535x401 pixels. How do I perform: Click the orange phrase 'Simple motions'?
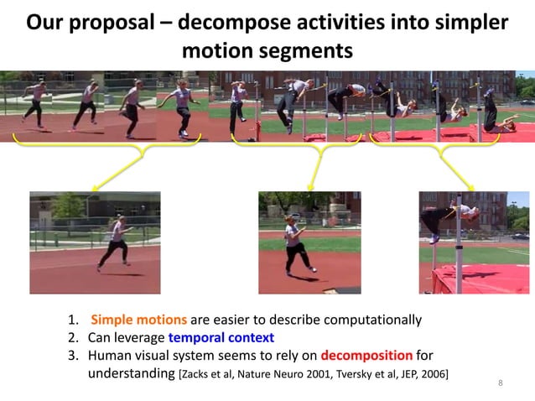138,320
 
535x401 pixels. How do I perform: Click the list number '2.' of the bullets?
74,337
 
